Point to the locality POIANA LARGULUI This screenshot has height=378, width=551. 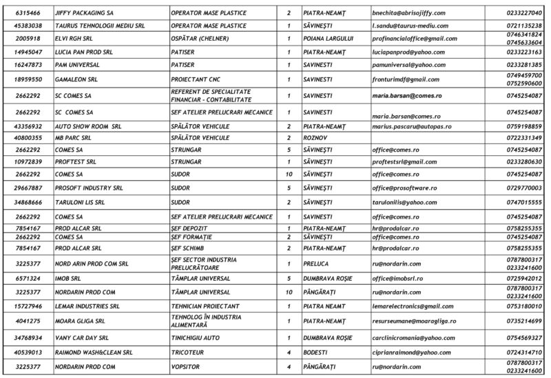pos(329,38)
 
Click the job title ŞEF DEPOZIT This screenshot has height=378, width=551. pos(190,228)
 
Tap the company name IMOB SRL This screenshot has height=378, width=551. pos(69,278)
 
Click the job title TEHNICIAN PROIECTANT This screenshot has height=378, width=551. pos(205,305)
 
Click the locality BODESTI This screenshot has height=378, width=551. pos(317,352)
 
